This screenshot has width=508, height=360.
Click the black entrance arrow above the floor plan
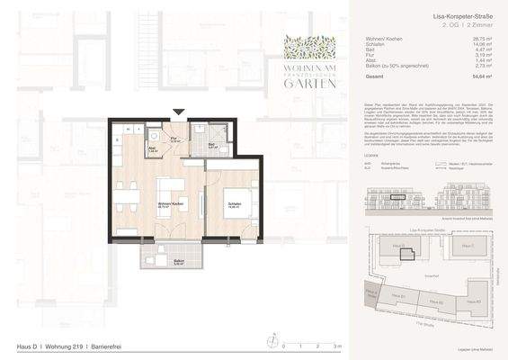180,112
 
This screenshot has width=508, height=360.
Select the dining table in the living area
126,193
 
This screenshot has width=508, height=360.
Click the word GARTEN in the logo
310,84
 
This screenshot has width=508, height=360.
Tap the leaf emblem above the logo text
310,47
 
